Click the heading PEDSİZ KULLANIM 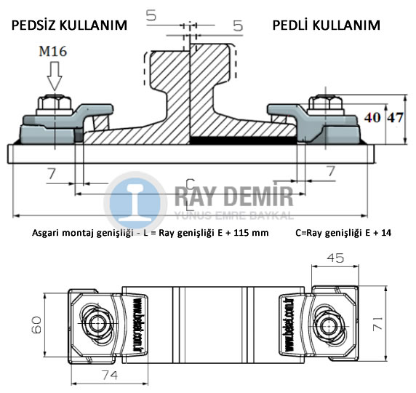pos(69,25)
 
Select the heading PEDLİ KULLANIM pos(326,25)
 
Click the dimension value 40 pos(371,117)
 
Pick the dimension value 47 pos(393,117)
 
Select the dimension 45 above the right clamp pos(335,258)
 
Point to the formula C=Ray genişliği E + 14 pos(348,234)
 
